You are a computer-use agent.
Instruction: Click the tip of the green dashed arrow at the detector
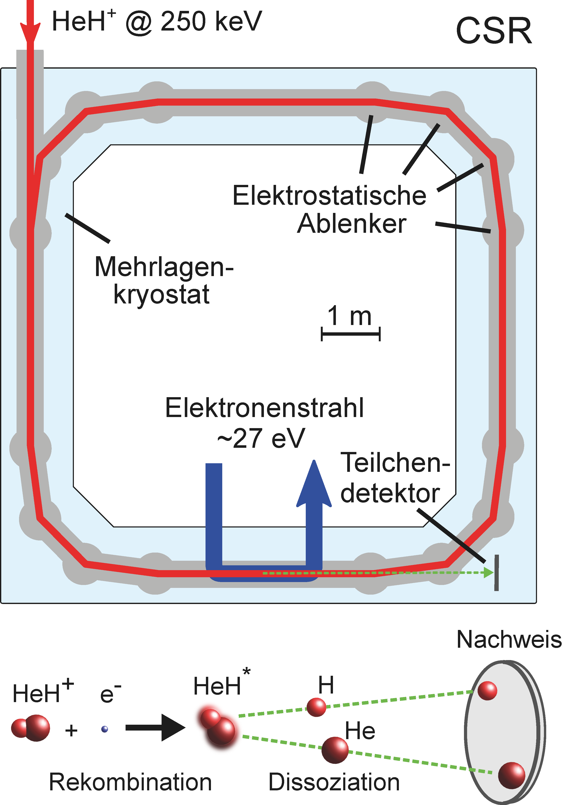coord(493,573)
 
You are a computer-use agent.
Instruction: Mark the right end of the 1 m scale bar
coord(380,334)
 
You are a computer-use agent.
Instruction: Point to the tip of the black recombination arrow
coord(186,728)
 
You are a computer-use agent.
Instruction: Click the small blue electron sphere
coord(104,729)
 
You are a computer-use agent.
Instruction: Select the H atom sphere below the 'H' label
coord(316,707)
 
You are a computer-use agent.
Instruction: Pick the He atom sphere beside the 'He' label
coord(335,750)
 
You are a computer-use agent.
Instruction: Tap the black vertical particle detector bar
coord(496,573)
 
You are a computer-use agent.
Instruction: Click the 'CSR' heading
coord(494,31)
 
